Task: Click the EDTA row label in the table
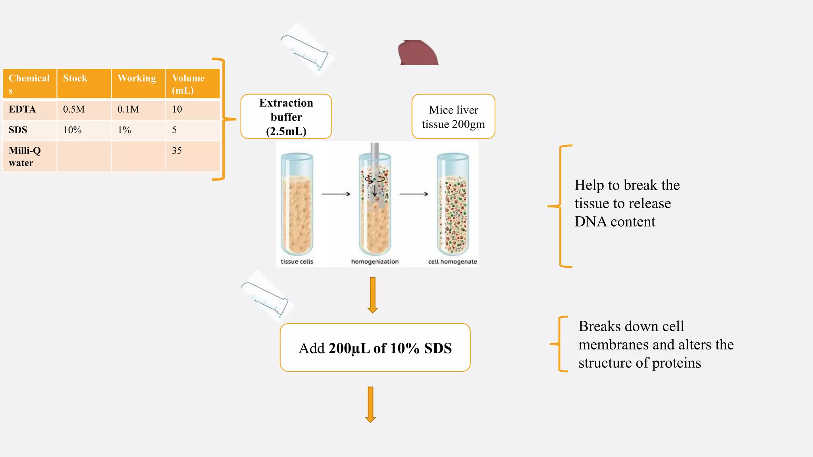[22, 109]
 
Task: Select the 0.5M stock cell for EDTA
[74, 109]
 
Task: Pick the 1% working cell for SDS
[124, 130]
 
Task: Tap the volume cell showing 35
[177, 151]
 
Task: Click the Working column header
[137, 78]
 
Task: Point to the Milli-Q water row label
[25, 157]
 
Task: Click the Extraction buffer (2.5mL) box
[286, 117]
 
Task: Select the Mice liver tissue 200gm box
[453, 117]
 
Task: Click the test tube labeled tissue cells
[297, 204]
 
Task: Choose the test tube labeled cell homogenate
[453, 204]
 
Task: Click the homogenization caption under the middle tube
[375, 262]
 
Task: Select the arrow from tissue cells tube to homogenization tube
[336, 194]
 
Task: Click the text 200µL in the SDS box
[349, 348]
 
